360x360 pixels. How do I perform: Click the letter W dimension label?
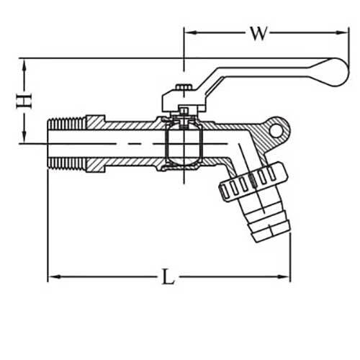click(x=258, y=33)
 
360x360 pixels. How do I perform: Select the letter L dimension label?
click(x=168, y=277)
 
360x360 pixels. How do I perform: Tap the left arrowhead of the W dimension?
click(x=189, y=32)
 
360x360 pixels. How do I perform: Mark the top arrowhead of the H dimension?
click(x=27, y=63)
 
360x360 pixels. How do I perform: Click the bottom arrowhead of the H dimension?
click(x=27, y=138)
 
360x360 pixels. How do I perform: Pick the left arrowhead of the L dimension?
click(x=53, y=276)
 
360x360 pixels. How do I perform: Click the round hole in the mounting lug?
click(x=276, y=130)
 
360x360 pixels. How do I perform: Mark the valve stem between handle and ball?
click(x=184, y=112)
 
